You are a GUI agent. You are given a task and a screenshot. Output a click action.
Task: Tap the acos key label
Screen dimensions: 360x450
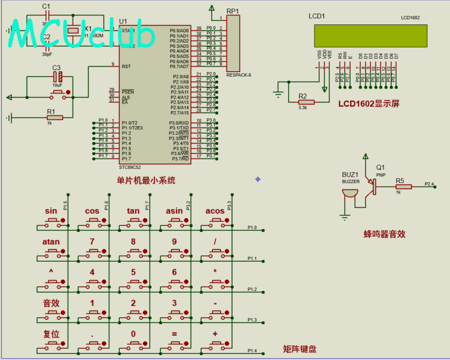[215, 211]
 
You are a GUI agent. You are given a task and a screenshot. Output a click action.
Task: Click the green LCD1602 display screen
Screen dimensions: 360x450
[370, 35]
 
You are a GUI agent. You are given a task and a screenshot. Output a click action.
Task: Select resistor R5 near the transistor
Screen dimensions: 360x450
[403, 186]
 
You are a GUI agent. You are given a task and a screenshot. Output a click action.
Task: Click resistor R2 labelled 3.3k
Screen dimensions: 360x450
[305, 102]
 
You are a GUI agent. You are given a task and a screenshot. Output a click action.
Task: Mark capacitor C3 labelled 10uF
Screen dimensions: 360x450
[58, 77]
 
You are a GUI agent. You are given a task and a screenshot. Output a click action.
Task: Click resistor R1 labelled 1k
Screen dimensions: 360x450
[51, 117]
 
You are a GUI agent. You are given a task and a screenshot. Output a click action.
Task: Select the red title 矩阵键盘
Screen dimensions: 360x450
[300, 349]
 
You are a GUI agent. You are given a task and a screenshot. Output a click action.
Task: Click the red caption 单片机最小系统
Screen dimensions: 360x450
[146, 180]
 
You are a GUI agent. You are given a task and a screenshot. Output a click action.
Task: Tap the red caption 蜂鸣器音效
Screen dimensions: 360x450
[385, 233]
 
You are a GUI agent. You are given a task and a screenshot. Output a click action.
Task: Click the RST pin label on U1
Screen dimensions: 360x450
[127, 67]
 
